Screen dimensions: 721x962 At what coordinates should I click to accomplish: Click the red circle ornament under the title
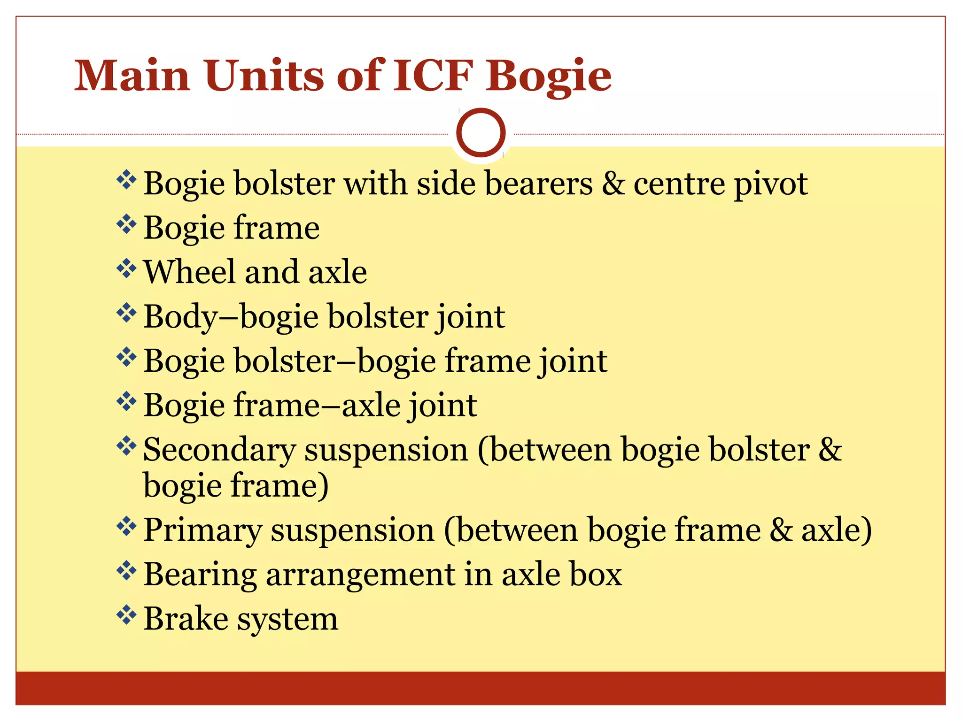coord(481,132)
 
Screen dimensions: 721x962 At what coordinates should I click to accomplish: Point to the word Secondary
coord(219,450)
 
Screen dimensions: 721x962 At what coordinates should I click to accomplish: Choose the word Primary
coord(202,530)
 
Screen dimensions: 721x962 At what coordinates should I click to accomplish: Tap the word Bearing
coord(200,575)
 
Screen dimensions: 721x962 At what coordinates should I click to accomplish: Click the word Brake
coord(186,619)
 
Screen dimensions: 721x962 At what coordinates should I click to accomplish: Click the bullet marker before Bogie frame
coord(126,224)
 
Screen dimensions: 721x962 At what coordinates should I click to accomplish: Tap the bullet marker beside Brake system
coord(126,615)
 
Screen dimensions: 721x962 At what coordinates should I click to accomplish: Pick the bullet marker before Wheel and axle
coord(126,268)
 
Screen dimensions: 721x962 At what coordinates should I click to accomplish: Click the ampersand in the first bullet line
coord(613,184)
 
